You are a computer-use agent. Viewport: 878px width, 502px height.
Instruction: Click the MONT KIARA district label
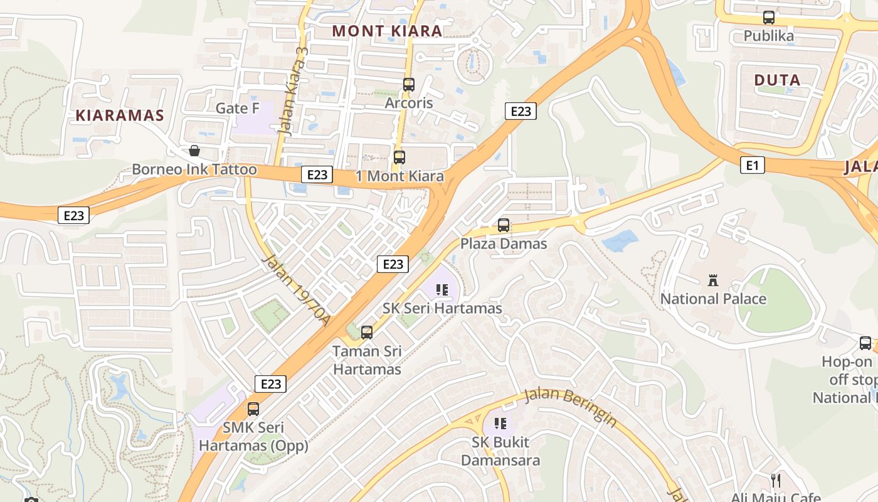tap(387, 31)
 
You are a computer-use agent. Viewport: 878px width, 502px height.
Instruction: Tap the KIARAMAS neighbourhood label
tap(120, 115)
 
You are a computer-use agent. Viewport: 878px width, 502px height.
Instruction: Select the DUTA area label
tap(777, 80)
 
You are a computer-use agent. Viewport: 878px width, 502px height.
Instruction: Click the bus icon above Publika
tap(769, 18)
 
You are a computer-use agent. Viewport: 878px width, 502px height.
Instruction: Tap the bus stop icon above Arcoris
tap(409, 84)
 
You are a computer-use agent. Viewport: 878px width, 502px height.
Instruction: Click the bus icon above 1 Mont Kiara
tap(399, 158)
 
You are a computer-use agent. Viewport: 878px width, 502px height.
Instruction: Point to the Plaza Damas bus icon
tap(504, 225)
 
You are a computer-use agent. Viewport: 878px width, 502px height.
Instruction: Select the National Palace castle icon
tap(713, 280)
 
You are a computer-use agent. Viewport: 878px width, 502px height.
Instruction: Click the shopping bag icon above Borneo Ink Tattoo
tap(194, 151)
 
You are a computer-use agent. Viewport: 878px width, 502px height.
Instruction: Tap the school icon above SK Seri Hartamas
tap(442, 290)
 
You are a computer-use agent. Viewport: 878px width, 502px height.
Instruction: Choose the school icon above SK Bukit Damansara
tap(500, 424)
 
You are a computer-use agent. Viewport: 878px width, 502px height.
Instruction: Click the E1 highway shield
tap(753, 165)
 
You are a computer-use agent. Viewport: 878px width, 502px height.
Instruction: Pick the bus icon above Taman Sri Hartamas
tap(367, 332)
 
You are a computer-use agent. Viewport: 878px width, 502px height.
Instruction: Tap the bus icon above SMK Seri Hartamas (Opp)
tap(253, 409)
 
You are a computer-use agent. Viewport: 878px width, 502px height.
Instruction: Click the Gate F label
tap(237, 108)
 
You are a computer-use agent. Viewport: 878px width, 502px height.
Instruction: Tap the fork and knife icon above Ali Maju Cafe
tap(776, 481)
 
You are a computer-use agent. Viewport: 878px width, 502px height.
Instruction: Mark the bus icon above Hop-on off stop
tap(865, 343)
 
